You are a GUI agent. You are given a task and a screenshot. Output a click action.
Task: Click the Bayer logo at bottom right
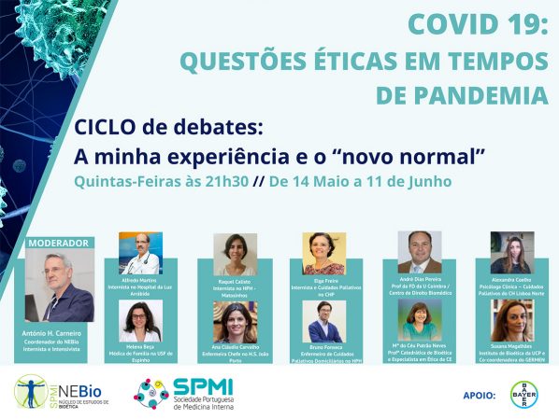tap(523, 395)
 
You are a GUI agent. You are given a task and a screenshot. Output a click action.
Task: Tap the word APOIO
tap(478, 396)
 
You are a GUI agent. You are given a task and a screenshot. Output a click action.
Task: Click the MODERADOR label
tap(58, 243)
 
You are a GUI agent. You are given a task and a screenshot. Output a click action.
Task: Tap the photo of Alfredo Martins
tap(140, 253)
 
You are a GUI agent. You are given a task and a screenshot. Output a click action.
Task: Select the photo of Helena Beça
tap(140, 321)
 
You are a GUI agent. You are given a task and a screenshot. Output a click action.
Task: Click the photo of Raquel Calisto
tap(235, 254)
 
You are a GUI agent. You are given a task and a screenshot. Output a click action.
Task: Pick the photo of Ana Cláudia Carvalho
tap(235, 322)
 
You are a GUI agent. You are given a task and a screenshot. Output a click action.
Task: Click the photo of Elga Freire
tap(324, 253)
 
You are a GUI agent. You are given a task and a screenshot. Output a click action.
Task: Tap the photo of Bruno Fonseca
tap(324, 322)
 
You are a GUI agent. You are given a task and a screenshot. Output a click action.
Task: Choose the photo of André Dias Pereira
tap(419, 252)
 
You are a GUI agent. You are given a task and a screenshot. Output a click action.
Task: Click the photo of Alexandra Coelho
tap(512, 252)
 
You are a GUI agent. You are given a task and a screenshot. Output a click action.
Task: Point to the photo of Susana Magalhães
tap(512, 320)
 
